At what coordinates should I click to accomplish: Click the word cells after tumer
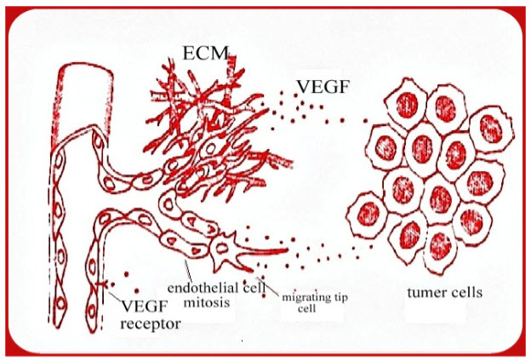466,293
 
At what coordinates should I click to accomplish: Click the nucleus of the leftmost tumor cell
368,210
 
